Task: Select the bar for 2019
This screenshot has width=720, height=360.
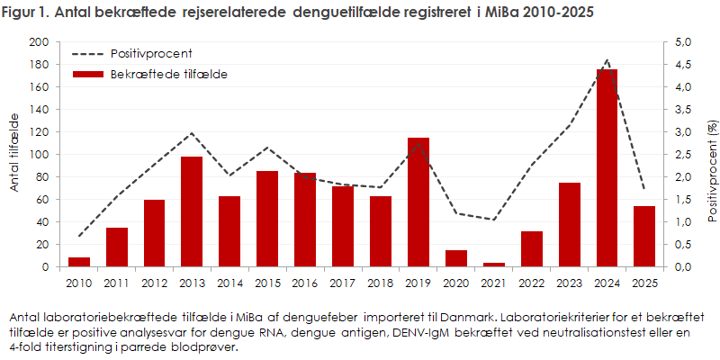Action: click(x=418, y=202)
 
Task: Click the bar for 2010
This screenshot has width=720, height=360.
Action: click(x=79, y=262)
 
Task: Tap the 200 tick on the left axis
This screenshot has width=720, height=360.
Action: click(x=39, y=42)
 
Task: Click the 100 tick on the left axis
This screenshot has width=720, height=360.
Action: click(x=39, y=155)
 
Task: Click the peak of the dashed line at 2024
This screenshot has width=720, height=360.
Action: click(x=607, y=61)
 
